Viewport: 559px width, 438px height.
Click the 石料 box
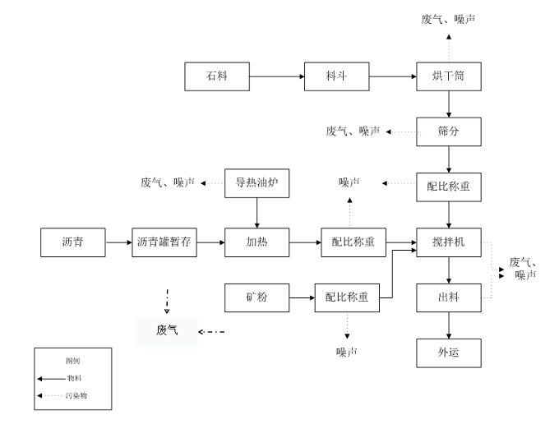point(216,76)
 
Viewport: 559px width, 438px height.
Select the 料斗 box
point(336,76)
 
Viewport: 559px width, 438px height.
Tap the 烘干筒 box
point(448,76)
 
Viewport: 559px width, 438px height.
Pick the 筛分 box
point(448,131)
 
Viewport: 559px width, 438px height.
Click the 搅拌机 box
point(448,242)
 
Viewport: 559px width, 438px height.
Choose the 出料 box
point(448,297)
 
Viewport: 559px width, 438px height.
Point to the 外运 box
point(448,353)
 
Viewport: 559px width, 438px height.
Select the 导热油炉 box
point(257,182)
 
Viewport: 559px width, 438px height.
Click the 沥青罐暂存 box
point(164,242)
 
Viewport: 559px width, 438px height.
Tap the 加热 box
point(257,242)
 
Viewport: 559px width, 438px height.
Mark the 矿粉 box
point(257,297)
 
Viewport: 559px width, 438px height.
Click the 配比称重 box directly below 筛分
point(448,187)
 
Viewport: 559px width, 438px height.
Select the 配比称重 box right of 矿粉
point(347,297)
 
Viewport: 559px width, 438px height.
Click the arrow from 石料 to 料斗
point(276,76)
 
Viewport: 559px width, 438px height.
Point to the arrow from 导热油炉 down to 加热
point(257,212)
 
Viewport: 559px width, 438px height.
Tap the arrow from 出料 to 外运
point(448,325)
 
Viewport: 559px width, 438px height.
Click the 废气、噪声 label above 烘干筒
point(448,18)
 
